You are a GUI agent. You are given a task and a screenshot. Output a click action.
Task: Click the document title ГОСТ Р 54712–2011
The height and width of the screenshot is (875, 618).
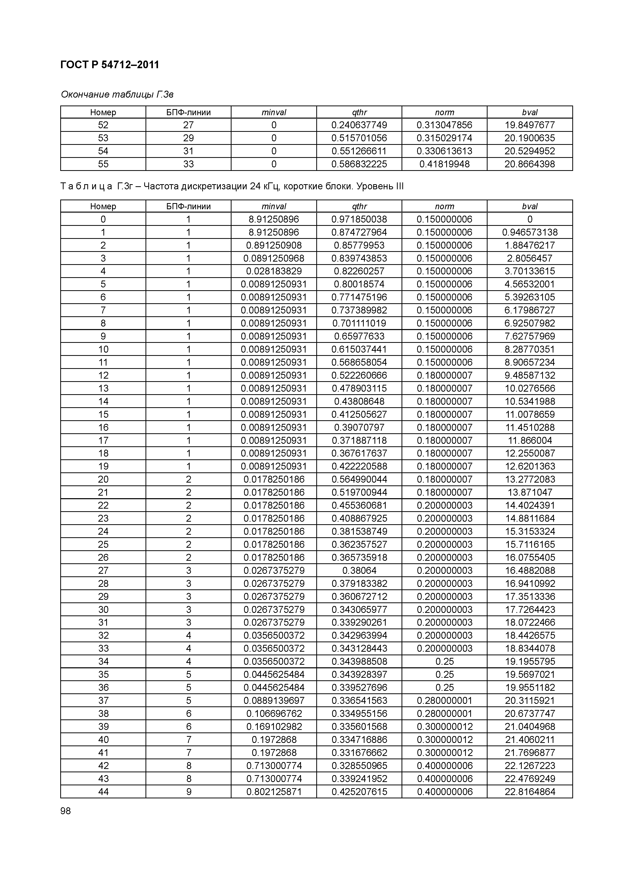[x=110, y=65]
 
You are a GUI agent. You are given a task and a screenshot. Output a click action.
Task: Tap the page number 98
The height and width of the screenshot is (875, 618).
[x=66, y=811]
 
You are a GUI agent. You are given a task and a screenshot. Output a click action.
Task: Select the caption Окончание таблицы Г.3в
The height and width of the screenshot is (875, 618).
[x=117, y=94]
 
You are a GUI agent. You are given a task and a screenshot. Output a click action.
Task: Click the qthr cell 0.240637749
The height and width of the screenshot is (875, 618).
[x=359, y=125]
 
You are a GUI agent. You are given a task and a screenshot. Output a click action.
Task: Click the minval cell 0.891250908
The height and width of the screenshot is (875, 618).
[x=274, y=245]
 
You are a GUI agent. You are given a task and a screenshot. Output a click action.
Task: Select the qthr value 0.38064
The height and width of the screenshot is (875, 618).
[x=359, y=570]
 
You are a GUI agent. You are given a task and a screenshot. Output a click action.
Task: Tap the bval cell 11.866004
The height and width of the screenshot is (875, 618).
[x=530, y=440]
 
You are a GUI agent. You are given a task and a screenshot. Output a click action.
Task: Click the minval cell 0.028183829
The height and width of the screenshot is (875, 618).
[x=274, y=271]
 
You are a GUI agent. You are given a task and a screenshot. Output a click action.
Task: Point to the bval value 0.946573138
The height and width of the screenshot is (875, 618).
[x=530, y=232]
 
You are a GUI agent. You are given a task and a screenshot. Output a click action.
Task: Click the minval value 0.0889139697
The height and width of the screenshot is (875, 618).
[x=274, y=701]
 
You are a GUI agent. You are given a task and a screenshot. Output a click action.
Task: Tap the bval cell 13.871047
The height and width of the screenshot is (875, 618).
[x=530, y=492]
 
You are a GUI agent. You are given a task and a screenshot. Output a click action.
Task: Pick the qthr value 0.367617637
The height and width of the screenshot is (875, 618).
[x=359, y=453]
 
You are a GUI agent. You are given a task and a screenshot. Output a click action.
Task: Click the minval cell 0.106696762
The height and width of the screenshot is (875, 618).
[x=274, y=714]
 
